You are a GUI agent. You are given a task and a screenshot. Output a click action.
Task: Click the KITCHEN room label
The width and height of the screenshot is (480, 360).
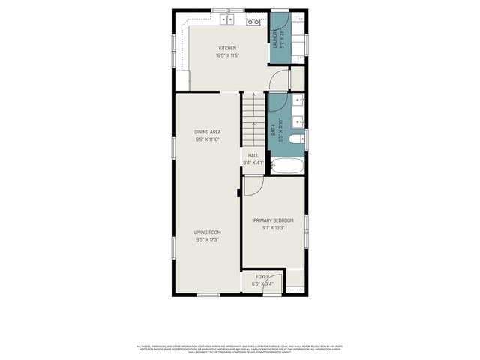(x=226, y=48)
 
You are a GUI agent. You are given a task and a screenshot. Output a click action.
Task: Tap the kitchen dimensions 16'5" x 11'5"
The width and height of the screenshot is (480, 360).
(x=226, y=55)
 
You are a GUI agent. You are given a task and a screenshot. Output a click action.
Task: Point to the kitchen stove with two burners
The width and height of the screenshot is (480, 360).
(x=254, y=21)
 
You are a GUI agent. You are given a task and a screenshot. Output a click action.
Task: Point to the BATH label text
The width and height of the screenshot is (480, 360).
(x=273, y=129)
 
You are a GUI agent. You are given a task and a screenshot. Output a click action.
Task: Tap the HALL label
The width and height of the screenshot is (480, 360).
(x=253, y=155)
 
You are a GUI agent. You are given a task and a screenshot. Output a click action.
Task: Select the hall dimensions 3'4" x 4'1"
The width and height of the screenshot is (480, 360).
(x=253, y=163)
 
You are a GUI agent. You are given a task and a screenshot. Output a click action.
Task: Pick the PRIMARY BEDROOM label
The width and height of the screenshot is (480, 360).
(x=274, y=220)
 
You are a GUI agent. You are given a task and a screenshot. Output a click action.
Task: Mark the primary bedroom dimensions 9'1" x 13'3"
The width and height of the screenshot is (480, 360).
(x=274, y=227)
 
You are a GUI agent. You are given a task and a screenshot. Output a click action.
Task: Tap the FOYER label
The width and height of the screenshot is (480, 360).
(x=262, y=277)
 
